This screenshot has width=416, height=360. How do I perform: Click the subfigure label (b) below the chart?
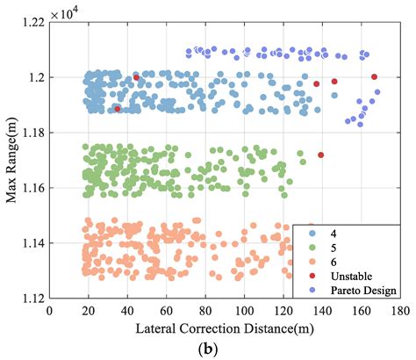[x=224, y=349]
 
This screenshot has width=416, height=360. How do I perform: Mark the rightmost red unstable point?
[x=375, y=77]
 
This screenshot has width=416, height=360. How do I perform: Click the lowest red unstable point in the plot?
[x=321, y=155]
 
